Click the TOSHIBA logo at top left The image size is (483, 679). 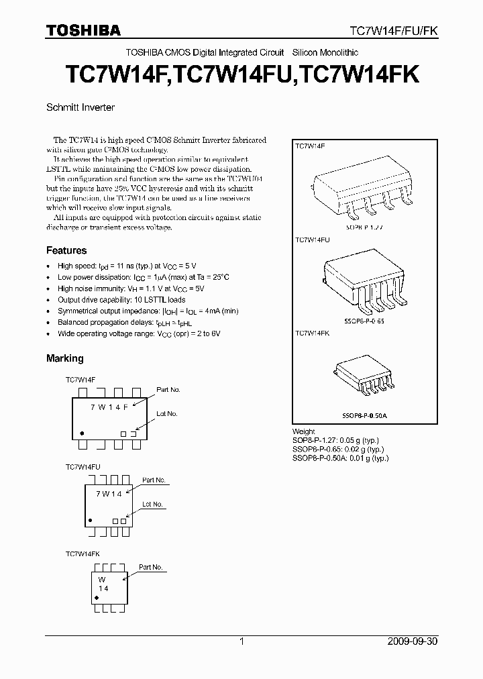(83, 30)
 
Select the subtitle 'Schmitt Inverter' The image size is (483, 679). (80, 107)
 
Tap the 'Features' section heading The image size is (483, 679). (66, 250)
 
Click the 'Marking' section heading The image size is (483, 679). (65, 358)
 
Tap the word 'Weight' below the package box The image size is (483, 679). (304, 432)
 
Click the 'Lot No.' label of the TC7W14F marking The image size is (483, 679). (166, 414)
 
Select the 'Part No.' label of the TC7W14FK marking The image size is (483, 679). (150, 567)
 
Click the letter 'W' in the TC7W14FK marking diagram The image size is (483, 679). (103, 578)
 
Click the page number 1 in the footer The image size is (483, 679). (241, 641)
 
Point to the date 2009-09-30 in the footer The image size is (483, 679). (411, 641)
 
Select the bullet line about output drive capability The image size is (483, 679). (121, 300)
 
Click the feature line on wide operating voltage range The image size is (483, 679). (139, 333)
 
